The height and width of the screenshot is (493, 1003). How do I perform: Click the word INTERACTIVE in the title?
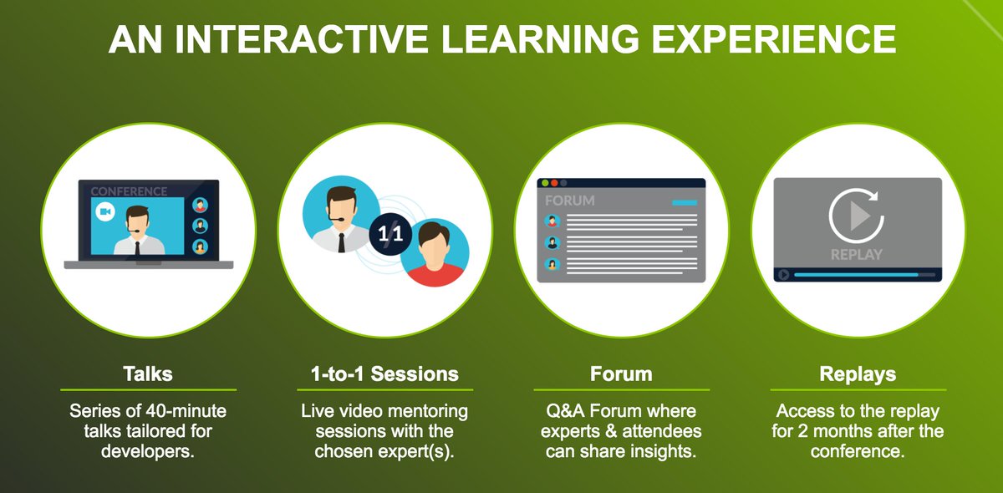301,39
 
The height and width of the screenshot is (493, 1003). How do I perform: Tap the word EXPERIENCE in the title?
774,39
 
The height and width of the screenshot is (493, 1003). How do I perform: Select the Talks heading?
148,374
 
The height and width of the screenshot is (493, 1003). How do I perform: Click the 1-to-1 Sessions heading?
384,374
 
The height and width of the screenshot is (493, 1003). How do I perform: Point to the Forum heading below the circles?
621,374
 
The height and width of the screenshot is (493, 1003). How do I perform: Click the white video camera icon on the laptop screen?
105,211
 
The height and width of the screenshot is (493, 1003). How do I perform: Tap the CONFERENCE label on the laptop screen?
129,191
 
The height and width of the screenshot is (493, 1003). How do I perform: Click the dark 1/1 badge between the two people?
390,234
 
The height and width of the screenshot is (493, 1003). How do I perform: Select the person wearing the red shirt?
434,254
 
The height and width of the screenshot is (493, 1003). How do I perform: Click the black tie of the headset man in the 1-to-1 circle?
341,242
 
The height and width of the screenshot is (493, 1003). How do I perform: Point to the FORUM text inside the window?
569,201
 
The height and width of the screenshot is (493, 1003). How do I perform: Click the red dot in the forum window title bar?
554,183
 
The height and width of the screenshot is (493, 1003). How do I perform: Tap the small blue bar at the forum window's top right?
685,203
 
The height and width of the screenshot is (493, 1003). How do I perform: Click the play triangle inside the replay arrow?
860,216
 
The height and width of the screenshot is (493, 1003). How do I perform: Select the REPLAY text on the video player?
857,255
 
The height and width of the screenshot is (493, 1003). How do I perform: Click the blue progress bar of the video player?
856,274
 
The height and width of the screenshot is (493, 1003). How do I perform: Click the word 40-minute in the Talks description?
186,411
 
